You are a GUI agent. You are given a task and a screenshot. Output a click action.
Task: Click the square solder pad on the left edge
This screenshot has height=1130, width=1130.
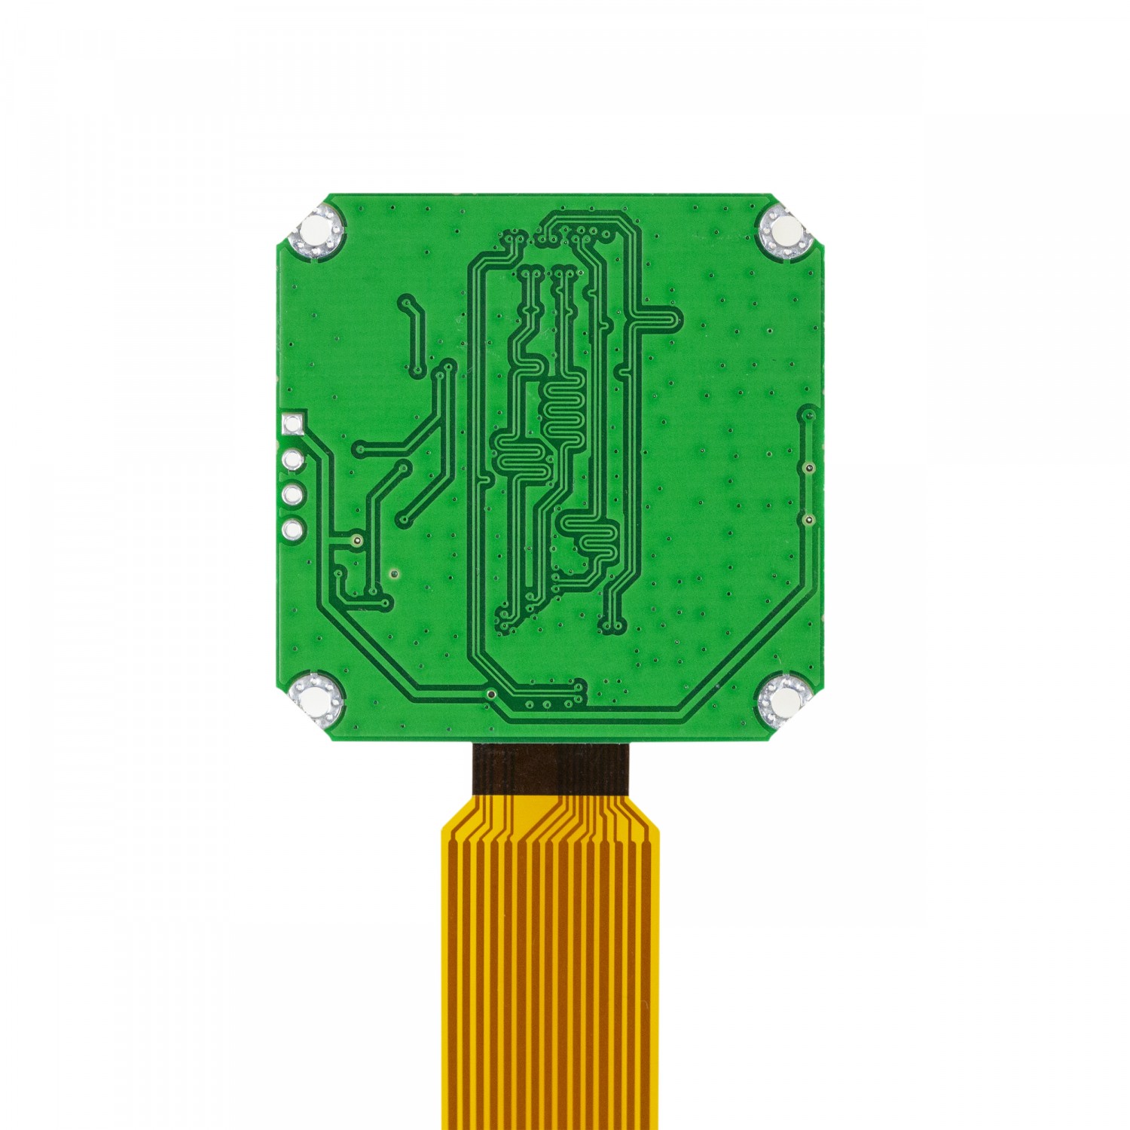(292, 423)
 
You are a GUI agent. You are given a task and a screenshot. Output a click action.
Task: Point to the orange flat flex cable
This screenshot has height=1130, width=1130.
(550, 979)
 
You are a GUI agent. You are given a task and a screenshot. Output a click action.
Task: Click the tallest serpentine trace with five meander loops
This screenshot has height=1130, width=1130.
(561, 411)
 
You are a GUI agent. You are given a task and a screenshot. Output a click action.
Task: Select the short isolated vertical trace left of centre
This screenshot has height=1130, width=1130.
(413, 335)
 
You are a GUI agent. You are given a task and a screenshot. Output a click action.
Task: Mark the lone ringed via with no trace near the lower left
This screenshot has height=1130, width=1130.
(393, 575)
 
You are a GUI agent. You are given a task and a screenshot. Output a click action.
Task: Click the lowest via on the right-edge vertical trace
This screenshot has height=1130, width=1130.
(808, 520)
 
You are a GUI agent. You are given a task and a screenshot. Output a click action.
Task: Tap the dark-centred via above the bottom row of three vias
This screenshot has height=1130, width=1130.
(491, 693)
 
